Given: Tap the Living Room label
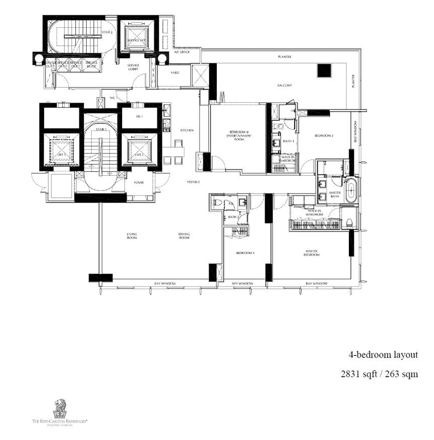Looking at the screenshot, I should [132, 235].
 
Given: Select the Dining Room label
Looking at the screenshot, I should [184, 235].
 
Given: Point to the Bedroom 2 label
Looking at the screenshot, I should [323, 136].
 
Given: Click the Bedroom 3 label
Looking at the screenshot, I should [245, 253].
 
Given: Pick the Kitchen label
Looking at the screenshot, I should [187, 131].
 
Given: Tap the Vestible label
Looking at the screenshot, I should [193, 182].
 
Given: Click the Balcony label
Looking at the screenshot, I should [285, 86].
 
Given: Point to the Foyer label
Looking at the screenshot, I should [139, 182].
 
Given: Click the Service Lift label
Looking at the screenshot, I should [136, 41].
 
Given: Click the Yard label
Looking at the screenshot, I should [174, 73].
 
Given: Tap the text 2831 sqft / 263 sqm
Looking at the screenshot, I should [379, 375].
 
